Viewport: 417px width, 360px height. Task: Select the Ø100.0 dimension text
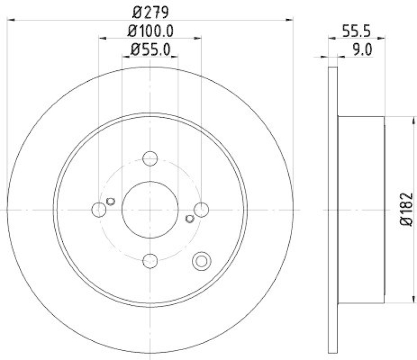point(150,31)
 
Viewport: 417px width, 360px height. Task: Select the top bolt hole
point(150,158)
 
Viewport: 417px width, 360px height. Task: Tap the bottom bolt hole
point(150,260)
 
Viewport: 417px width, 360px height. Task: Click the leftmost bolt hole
point(99,209)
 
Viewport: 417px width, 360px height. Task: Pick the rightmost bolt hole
point(201,209)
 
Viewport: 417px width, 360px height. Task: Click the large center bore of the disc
point(150,209)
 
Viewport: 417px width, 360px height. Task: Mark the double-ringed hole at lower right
point(201,262)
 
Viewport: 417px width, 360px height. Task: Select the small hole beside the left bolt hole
point(110,201)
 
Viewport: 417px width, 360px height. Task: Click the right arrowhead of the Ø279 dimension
point(290,19)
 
